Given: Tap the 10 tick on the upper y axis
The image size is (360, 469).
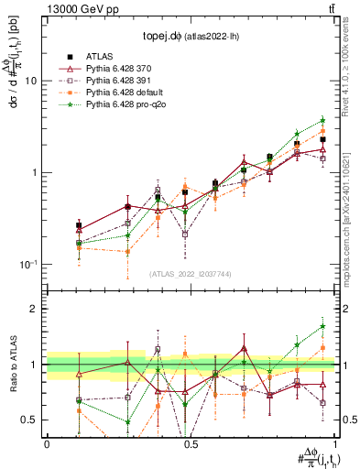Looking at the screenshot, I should pyautogui.click(x=36, y=81).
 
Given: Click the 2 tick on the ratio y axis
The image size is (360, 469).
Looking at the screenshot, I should pyautogui.click(x=38, y=309).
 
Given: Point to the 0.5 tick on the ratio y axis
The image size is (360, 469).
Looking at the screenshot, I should pyautogui.click(x=32, y=420).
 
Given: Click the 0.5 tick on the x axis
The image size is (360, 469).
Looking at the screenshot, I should pyautogui.click(x=190, y=442).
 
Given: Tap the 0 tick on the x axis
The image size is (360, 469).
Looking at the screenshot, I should pyautogui.click(x=46, y=442).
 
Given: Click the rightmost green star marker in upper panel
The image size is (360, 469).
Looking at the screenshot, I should pyautogui.click(x=322, y=120).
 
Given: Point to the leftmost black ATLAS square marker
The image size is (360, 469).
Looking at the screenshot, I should pyautogui.click(x=79, y=225).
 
